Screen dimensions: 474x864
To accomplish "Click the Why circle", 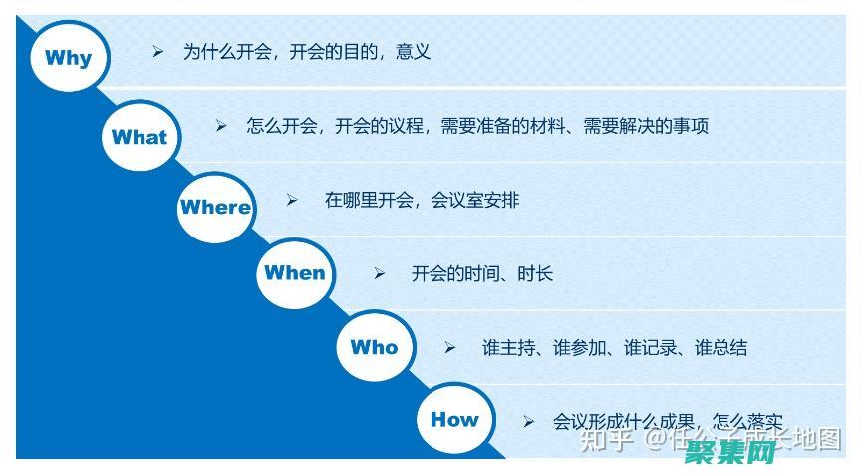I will (x=68, y=58).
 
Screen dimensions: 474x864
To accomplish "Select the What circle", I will (x=140, y=137).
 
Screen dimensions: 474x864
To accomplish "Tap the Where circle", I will (x=215, y=208).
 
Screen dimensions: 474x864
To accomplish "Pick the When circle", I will (x=294, y=273).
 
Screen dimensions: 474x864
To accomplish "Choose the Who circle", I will (x=374, y=347).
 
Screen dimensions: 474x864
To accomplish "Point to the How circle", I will (x=454, y=420).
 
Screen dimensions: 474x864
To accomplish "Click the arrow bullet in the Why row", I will (x=157, y=51).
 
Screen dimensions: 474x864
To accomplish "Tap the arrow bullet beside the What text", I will (x=221, y=126).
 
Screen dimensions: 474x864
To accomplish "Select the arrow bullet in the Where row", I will (x=292, y=200).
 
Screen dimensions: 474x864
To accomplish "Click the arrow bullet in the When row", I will (x=379, y=273).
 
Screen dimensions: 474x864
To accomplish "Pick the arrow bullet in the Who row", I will (x=450, y=348).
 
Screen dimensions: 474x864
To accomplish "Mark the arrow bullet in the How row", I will (x=528, y=422).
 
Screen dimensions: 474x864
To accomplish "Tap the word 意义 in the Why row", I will (x=413, y=51).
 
